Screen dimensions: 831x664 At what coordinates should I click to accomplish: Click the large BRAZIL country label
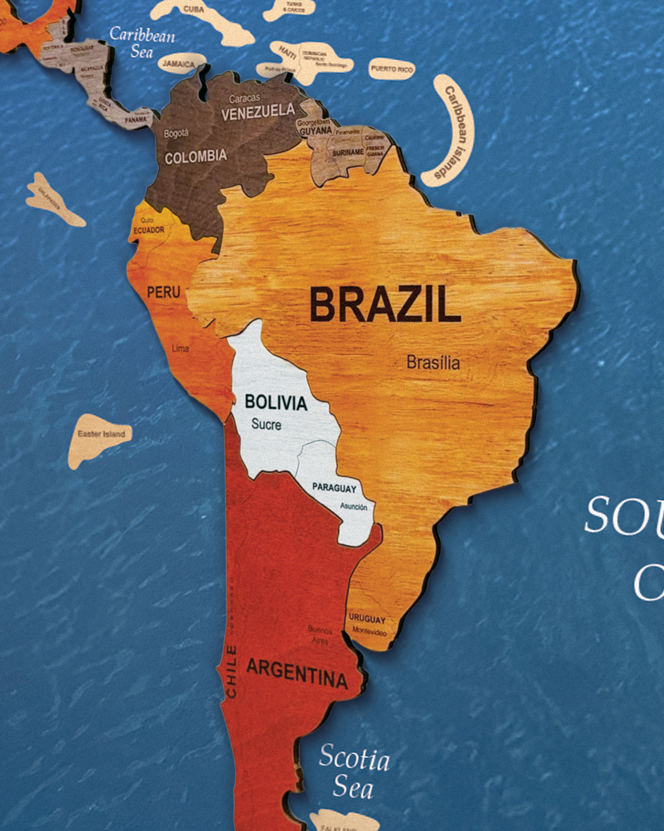[x=385, y=304]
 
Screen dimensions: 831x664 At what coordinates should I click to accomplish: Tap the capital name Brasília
[x=433, y=363]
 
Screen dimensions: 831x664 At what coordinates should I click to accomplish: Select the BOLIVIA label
[x=276, y=403]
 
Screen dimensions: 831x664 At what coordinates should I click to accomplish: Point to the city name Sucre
[x=266, y=424]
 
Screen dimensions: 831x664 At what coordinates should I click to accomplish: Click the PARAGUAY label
[x=334, y=488]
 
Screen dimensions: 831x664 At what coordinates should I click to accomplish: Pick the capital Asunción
[x=354, y=506]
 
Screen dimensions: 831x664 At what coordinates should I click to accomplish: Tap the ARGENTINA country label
[x=297, y=674]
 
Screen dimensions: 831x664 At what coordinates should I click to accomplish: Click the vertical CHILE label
[x=231, y=671]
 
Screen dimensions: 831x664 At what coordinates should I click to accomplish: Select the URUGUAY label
[x=367, y=619]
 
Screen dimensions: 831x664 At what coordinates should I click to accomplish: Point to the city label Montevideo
[x=370, y=631]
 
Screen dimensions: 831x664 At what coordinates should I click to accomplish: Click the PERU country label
[x=163, y=292]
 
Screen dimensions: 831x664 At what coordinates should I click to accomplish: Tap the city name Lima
[x=180, y=348]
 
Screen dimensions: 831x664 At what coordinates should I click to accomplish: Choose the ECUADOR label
[x=149, y=230]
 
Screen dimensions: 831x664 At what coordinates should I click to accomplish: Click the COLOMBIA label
[x=196, y=157]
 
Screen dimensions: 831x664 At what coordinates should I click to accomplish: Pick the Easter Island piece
[x=100, y=438]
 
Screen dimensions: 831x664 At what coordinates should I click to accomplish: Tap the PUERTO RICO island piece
[x=392, y=69]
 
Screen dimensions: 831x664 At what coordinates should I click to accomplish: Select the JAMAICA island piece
[x=179, y=64]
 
